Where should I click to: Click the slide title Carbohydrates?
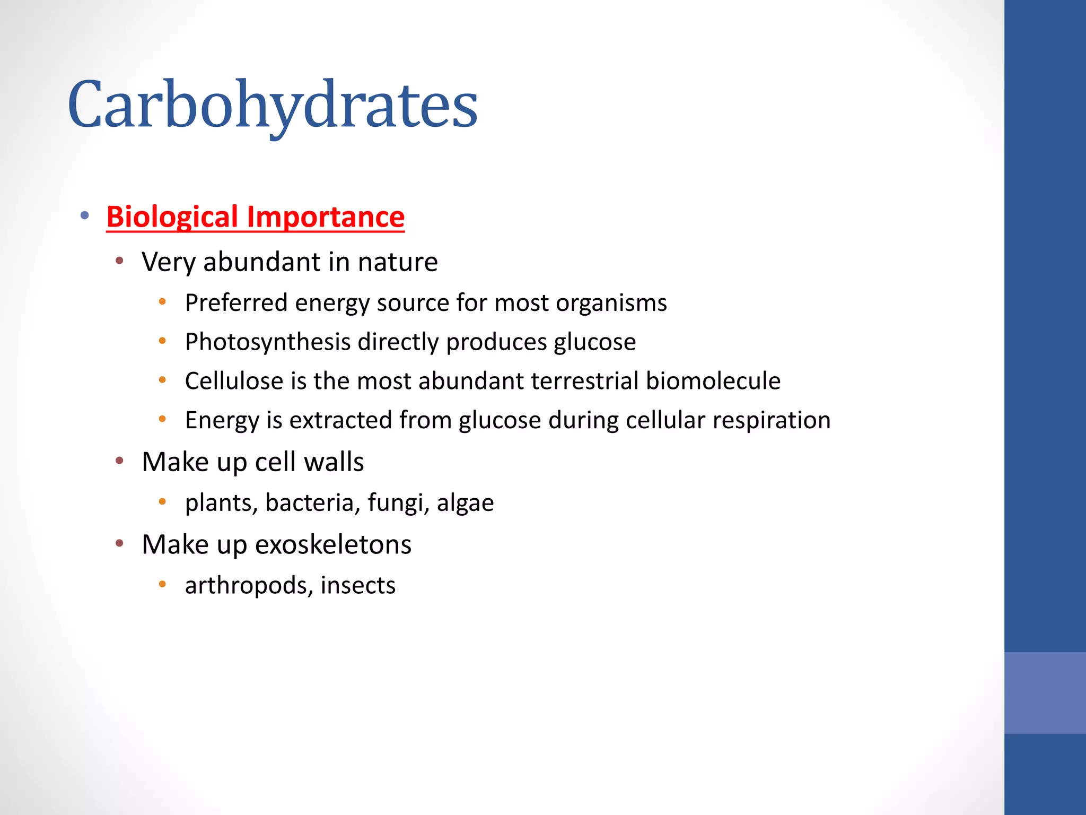pos(273,105)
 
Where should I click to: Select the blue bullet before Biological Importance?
pos(84,215)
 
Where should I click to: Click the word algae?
pos(465,503)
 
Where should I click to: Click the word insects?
pos(358,585)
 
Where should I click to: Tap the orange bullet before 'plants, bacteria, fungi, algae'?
pos(163,501)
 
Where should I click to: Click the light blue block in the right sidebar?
pos(1045,692)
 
